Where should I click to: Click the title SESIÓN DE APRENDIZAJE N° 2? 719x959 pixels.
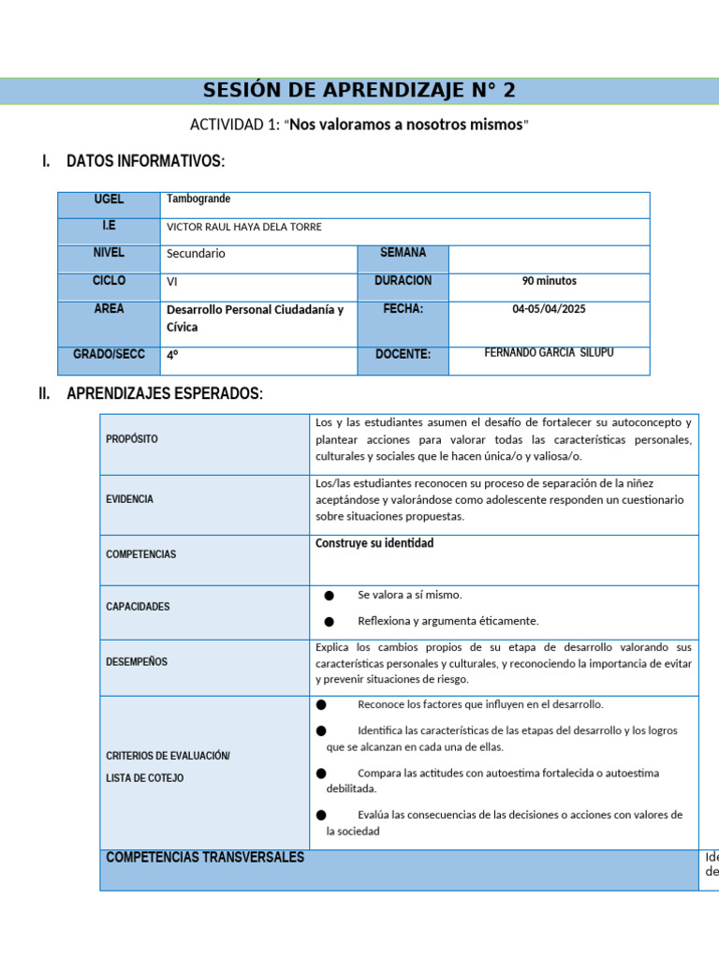click(359, 91)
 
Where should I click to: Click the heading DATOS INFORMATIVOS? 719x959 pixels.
click(145, 162)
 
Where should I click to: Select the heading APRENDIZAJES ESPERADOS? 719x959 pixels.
click(165, 393)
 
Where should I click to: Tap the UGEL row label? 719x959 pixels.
click(109, 199)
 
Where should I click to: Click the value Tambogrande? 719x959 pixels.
click(198, 199)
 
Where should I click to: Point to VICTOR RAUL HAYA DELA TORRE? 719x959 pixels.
click(243, 227)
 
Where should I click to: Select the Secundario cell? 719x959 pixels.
click(196, 254)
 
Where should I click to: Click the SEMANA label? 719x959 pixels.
click(403, 253)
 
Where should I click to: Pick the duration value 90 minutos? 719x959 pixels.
click(549, 281)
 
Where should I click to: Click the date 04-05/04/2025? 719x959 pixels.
click(549, 309)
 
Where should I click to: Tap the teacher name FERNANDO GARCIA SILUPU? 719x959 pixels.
click(549, 353)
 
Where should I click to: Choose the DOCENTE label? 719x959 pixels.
click(403, 354)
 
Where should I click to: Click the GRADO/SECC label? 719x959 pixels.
click(109, 354)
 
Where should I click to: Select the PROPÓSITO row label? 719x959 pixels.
click(132, 438)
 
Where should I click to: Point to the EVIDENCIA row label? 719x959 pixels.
click(129, 499)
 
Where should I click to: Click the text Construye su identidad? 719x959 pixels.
click(374, 543)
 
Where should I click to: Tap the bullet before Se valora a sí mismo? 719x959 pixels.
click(329, 596)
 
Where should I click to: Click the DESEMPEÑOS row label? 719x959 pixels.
click(137, 661)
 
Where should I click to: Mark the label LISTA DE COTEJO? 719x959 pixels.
click(145, 778)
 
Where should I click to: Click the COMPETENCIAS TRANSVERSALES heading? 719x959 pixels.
click(205, 858)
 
